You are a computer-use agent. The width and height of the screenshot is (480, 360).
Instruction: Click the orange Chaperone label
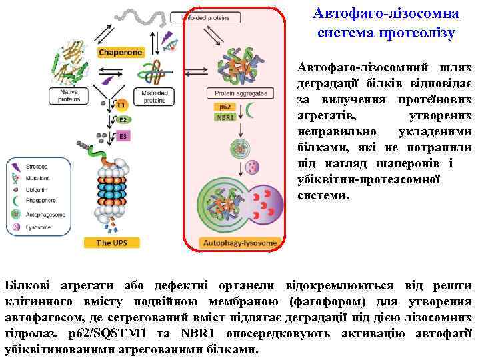tap(121, 51)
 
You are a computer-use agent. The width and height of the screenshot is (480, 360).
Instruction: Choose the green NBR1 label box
tap(224, 117)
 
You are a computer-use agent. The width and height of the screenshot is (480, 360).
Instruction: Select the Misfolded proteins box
tap(154, 96)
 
